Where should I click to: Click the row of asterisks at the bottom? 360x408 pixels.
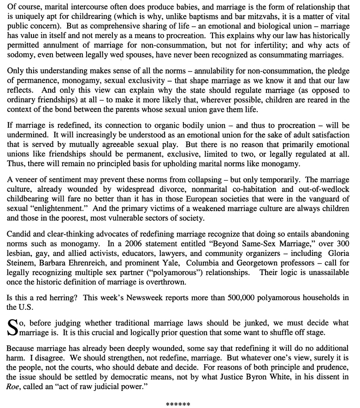click(178, 404)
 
